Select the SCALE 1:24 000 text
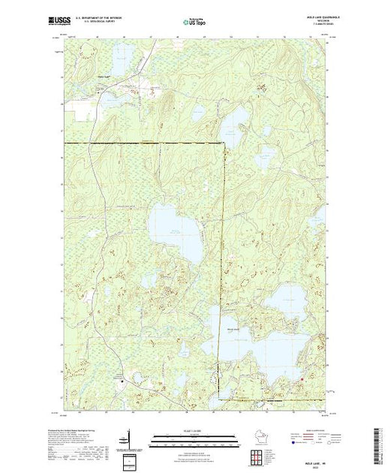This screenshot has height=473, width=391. [x=183, y=433]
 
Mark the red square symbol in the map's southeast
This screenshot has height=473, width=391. [x=302, y=378]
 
